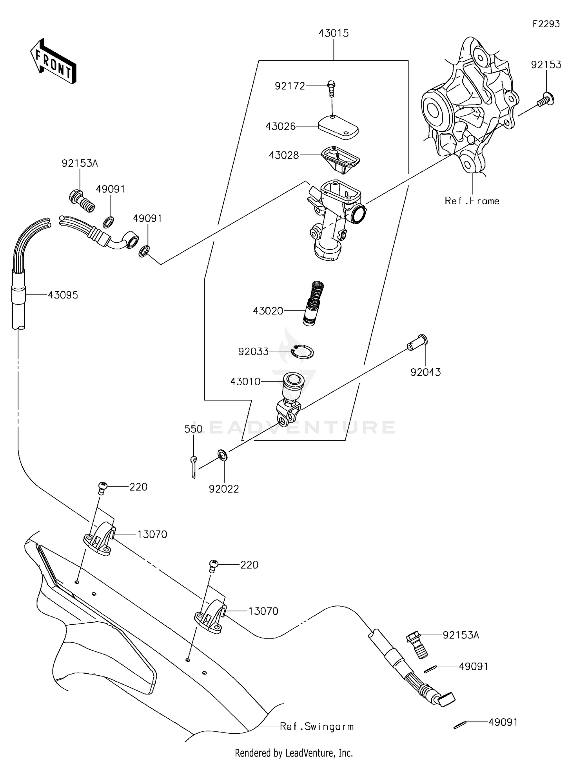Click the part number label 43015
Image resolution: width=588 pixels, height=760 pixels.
334,33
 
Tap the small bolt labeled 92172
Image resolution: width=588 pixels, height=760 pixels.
331,89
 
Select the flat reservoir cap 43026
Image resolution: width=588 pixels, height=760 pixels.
338,127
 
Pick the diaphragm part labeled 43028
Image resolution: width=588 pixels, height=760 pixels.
340,160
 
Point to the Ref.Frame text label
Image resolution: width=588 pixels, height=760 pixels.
472,201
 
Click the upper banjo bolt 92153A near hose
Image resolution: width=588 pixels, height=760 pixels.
82,200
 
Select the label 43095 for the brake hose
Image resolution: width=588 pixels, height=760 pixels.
63,295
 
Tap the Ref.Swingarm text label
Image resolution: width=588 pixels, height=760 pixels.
317,726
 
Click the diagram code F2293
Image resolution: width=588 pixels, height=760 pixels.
546,24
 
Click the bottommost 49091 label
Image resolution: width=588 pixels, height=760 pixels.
503,722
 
